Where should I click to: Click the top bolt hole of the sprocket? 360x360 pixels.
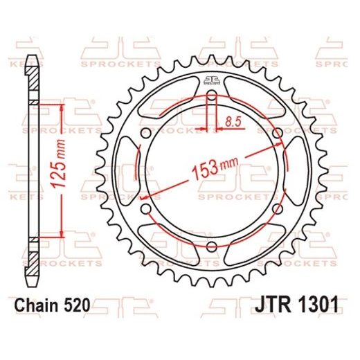212,96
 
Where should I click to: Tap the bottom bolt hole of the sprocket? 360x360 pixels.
212,246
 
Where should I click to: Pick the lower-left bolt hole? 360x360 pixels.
146,209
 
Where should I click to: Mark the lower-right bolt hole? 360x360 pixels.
277,209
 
